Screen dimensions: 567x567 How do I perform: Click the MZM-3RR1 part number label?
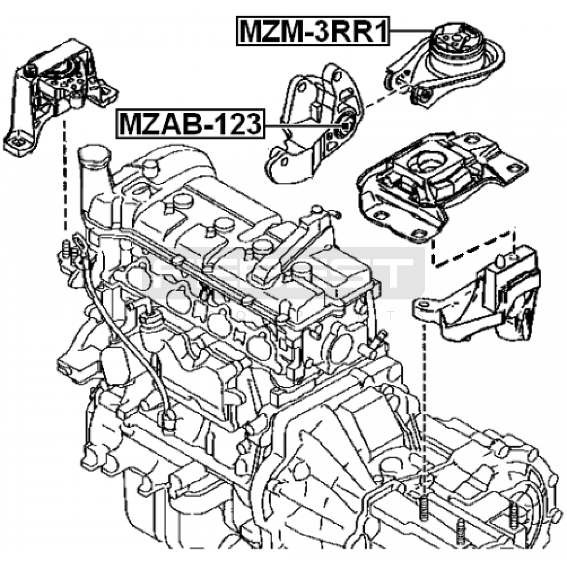tap(313, 31)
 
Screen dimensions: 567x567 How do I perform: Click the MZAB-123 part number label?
tap(191, 124)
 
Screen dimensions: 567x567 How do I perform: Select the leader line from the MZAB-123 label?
tap(301, 125)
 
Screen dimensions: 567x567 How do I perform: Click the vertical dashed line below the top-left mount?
tap(64, 177)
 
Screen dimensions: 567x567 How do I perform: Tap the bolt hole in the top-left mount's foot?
tap(17, 143)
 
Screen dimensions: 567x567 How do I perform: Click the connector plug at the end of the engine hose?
tap(168, 418)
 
